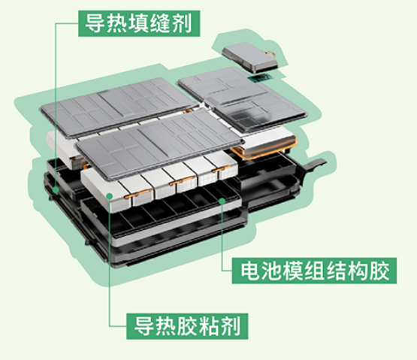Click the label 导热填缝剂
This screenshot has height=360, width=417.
pos(139,24)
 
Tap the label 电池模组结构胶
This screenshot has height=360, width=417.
pos(314,271)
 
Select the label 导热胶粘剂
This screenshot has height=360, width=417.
pos(187,326)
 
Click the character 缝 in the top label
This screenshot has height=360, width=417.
pos(160,24)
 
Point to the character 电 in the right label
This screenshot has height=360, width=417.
pos(251,271)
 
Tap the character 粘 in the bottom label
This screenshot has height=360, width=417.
pos(209,326)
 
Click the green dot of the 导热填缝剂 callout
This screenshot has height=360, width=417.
pos(56,189)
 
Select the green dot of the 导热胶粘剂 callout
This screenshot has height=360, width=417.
pos(109,196)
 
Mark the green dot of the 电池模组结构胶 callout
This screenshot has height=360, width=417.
pos(222,201)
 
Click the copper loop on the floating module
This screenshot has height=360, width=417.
pos(270,54)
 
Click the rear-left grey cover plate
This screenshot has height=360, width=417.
pos(119,107)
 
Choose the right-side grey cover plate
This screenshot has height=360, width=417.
pos(243,99)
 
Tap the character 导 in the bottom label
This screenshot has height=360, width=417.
pos(144,326)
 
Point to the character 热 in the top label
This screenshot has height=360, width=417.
pos(117,24)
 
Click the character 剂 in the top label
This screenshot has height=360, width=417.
pos(182,24)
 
